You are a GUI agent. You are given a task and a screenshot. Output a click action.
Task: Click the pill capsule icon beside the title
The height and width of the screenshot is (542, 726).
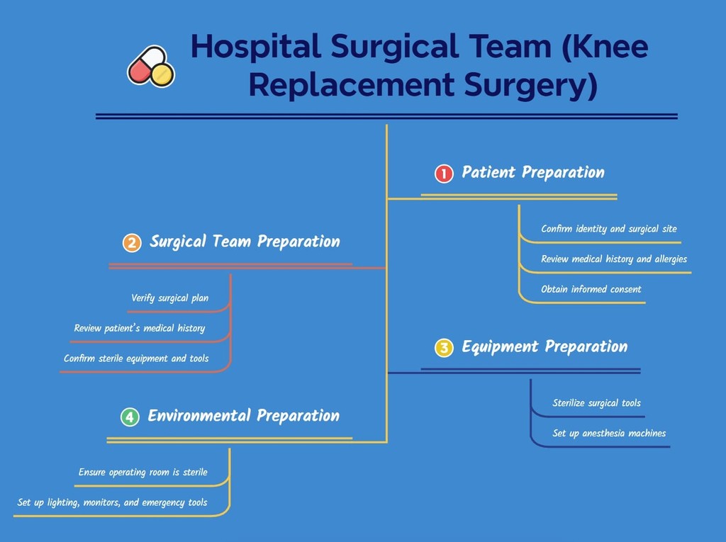point(151,67)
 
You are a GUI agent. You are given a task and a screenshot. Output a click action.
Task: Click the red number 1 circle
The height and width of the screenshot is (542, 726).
point(444,174)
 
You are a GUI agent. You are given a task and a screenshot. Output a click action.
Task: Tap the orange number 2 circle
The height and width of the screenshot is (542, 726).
point(131,243)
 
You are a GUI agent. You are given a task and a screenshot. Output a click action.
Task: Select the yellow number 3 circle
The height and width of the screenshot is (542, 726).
point(444,348)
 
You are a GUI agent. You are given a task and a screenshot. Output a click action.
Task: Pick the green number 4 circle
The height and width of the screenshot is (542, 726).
point(130,417)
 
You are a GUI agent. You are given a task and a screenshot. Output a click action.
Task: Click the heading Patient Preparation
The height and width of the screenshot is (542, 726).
point(533,172)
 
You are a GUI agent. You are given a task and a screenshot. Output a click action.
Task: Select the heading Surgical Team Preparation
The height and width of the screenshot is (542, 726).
point(245,242)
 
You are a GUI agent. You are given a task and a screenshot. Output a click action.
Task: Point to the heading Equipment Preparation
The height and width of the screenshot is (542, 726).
point(544,346)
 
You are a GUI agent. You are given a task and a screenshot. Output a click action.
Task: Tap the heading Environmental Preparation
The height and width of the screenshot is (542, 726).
point(243,415)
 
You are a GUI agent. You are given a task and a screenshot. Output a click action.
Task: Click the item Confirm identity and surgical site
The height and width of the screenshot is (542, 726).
point(608,229)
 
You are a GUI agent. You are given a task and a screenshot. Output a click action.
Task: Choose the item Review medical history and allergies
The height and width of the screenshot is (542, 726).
point(613,259)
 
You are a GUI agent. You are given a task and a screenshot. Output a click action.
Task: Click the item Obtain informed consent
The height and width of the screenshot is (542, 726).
point(591,289)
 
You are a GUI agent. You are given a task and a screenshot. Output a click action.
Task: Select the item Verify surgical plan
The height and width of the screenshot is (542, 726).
point(170,298)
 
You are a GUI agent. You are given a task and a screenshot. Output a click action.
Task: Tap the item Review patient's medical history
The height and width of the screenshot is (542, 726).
point(140,328)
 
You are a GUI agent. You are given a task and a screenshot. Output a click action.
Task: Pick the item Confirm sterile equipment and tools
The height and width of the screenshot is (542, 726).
point(136,358)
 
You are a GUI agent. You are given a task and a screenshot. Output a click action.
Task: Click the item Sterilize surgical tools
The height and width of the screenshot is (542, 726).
point(596,403)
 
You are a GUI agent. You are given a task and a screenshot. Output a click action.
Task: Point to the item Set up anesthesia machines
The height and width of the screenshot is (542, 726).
point(609,433)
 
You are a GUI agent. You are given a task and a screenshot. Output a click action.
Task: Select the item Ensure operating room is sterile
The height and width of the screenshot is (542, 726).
point(143,472)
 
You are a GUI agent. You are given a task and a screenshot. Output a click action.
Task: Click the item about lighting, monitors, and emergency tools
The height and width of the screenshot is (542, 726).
point(113,502)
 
